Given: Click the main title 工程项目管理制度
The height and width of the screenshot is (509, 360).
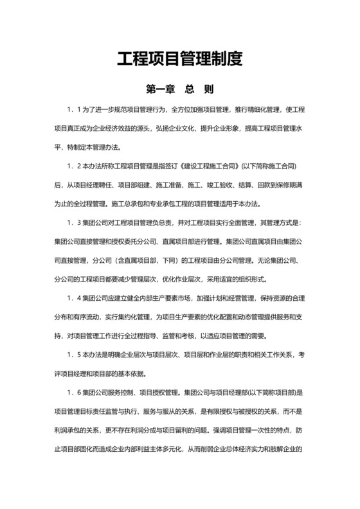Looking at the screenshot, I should click(179, 60).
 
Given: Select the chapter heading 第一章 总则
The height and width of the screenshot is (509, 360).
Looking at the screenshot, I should click(179, 88).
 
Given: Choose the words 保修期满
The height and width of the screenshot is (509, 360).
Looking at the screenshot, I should click(292, 184).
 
